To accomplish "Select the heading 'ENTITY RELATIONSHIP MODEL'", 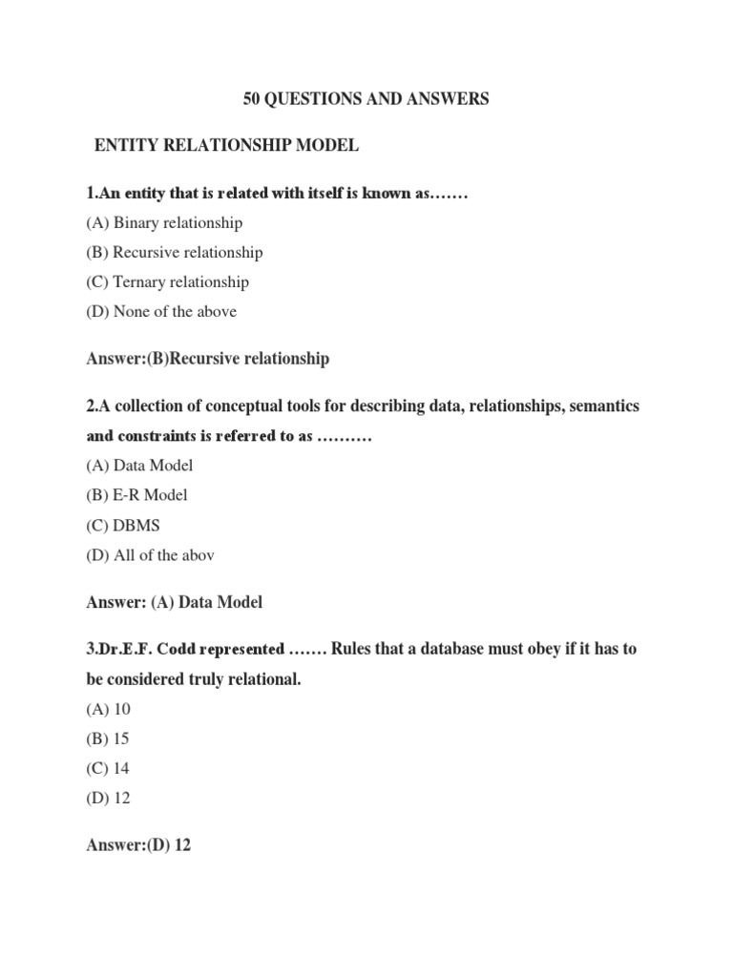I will click(226, 146).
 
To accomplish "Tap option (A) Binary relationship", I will click(164, 223).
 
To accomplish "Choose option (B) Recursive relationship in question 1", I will click(174, 253).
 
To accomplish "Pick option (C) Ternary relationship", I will click(167, 282).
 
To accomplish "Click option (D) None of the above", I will click(161, 312).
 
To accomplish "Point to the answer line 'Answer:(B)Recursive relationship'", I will click(207, 359).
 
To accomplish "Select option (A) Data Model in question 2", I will click(139, 466).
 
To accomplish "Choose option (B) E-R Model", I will click(136, 495).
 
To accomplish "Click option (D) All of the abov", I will click(150, 554).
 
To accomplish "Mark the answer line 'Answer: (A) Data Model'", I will click(174, 602).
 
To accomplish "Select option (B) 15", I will click(108, 739).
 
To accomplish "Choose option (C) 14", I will click(108, 769).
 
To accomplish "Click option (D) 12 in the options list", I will click(108, 799).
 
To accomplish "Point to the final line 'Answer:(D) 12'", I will click(138, 845).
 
